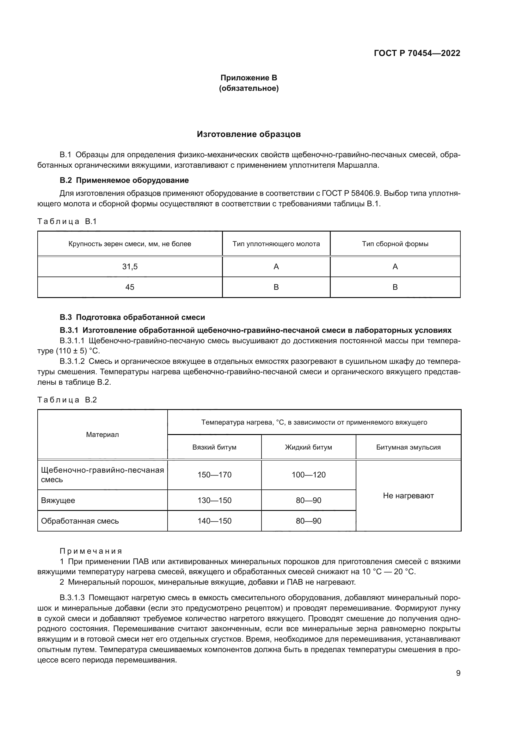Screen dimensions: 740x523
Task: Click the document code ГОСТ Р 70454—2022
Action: [417, 53]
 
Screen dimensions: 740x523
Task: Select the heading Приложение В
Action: [249, 78]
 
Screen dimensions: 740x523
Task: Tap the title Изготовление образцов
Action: [249, 134]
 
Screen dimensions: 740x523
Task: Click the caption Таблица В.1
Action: [67, 221]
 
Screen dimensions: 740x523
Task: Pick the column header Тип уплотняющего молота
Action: [276, 244]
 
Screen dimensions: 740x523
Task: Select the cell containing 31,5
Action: [130, 266]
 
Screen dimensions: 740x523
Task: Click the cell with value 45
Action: [130, 287]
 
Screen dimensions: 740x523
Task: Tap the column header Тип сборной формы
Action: [395, 244]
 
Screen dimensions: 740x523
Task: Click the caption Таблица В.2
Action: [67, 400]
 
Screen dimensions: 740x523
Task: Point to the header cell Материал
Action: [102, 434]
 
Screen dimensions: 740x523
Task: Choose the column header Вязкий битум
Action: [214, 447]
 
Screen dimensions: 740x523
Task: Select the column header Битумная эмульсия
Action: [408, 447]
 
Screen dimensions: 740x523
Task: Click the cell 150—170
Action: [214, 475]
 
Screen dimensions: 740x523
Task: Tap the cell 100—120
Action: [308, 475]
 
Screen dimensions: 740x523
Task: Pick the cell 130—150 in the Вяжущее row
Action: [214, 501]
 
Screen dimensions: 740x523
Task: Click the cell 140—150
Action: [214, 521]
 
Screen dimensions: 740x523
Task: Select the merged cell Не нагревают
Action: [408, 496]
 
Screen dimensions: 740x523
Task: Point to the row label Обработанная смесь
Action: [80, 521]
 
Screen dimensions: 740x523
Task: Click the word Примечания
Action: [91, 551]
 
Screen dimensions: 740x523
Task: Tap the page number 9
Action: [458, 673]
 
